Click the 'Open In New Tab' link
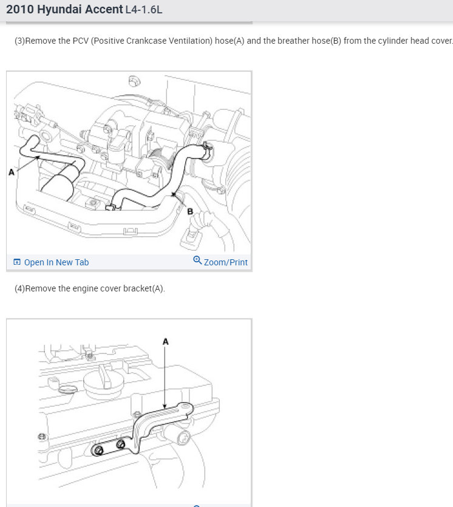coord(56,262)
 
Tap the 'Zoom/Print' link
coord(226,262)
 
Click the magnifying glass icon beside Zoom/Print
coord(197,260)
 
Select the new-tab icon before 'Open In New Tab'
coord(17,262)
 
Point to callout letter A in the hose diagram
coord(12,172)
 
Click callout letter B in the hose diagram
coord(190,211)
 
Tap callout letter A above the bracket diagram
coord(166,341)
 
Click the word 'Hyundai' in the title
coord(59,10)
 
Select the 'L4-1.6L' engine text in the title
coord(144,10)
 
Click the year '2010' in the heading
coord(20,9)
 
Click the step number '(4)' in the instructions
coord(19,288)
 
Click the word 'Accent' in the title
coord(104,9)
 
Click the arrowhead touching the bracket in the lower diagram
coord(165,406)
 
